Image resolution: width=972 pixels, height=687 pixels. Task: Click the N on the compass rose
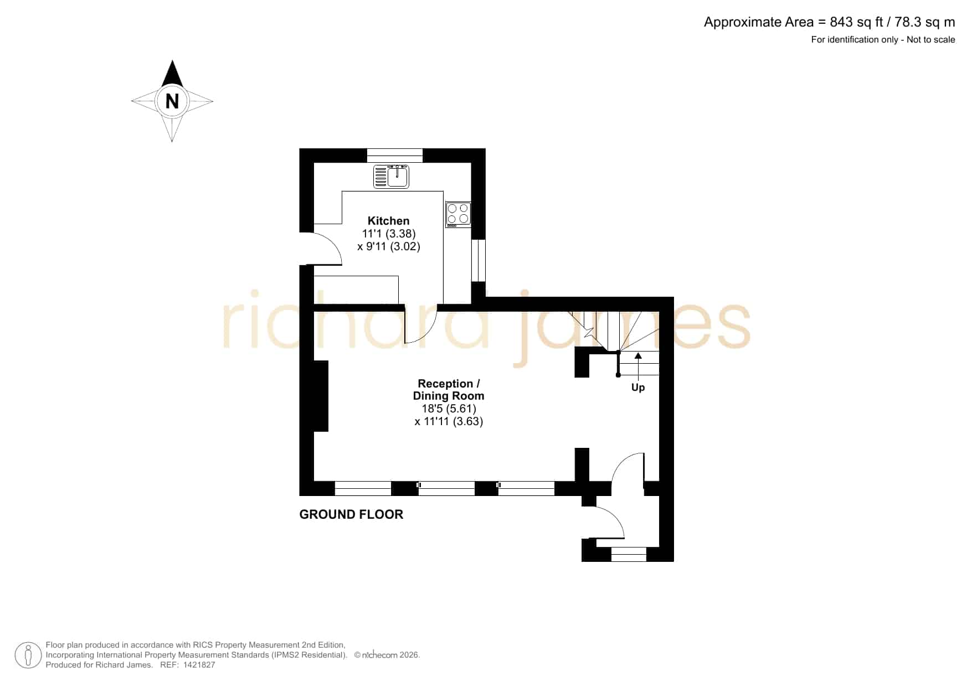(172, 101)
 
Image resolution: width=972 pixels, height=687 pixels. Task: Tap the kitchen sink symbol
(391, 177)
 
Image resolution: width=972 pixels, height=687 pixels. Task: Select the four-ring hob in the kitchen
(459, 215)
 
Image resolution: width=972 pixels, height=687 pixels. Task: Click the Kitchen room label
(388, 221)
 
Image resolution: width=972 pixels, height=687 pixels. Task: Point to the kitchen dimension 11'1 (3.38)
(389, 234)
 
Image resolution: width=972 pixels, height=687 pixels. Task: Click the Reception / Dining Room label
(449, 390)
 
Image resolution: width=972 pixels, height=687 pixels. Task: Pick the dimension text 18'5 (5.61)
(449, 409)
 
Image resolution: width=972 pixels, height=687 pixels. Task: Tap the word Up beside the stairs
(638, 388)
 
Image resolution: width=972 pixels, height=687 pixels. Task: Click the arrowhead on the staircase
(638, 355)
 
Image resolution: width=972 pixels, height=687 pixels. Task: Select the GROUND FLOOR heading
(351, 514)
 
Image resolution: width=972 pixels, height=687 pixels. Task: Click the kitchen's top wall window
(395, 156)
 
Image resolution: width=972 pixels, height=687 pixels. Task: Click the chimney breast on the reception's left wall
(321, 396)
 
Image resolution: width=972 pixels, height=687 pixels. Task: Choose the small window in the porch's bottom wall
(629, 554)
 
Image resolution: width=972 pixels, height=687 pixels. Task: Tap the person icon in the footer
(28, 655)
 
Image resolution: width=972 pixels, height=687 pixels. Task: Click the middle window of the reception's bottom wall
(446, 488)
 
